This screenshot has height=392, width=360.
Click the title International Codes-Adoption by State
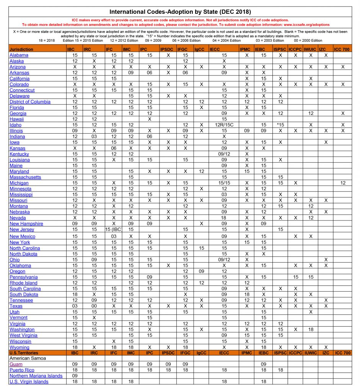click(x=180, y=11)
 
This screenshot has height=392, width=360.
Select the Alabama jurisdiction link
click(x=19, y=55)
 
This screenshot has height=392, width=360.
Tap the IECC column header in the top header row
click(x=215, y=49)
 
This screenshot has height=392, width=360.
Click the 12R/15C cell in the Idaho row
click(x=224, y=125)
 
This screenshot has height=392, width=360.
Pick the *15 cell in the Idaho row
click(x=280, y=125)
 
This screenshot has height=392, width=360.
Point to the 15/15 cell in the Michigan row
click(x=224, y=183)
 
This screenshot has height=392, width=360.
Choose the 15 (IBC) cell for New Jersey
click(x=113, y=229)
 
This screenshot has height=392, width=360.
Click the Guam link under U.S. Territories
click(x=16, y=364)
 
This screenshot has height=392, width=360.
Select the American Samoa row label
click(x=27, y=358)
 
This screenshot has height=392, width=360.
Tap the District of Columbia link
click(x=30, y=102)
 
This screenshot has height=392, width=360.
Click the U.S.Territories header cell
click(x=26, y=352)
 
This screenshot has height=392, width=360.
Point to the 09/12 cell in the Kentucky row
click(x=224, y=154)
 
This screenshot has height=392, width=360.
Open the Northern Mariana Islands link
click(x=36, y=376)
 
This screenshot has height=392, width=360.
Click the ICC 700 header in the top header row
click(x=342, y=49)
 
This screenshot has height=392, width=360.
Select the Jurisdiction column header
click(x=21, y=49)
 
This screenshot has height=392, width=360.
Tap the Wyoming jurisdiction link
click(x=20, y=347)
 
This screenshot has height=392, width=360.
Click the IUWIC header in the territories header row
click(x=310, y=352)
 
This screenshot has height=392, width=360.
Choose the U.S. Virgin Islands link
click(x=29, y=381)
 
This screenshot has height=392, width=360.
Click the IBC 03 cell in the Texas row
click(x=75, y=306)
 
